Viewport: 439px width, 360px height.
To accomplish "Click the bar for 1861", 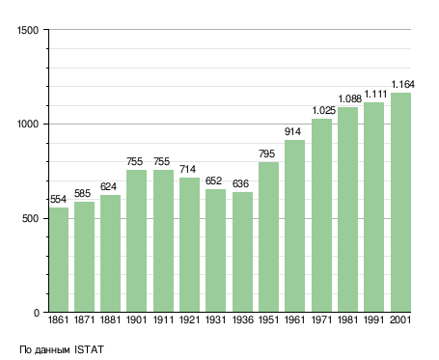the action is tap(59, 260).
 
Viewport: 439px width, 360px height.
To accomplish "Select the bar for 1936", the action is tap(242, 252).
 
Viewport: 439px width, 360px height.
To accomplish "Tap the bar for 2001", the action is tap(400, 203).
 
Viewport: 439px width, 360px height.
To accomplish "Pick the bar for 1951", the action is tap(268, 236).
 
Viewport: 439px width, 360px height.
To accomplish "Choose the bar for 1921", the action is tap(189, 244).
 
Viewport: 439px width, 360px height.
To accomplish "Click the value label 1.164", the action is tap(402, 84).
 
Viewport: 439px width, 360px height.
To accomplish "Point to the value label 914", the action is tap(292, 131).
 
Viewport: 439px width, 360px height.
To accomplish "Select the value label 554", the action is tap(58, 199).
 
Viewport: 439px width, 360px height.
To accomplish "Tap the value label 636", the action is tap(240, 183).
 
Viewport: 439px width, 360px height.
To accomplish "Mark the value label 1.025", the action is tap(324, 110).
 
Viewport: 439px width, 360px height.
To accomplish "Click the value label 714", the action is tap(187, 169).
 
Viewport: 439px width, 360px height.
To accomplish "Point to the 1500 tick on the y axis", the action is tap(28, 30).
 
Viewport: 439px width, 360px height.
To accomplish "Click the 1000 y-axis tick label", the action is tap(28, 124).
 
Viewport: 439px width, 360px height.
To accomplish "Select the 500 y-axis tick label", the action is tap(30, 218).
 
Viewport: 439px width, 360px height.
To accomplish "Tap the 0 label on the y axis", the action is tap(37, 313).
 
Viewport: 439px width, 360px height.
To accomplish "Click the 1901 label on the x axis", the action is tap(136, 319).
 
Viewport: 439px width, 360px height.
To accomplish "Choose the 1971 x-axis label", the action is tap(321, 319).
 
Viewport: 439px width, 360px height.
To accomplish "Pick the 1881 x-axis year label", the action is tap(110, 319).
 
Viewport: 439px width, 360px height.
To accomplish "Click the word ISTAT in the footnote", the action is tap(89, 349).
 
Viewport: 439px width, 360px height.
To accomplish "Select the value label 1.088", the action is tap(350, 98).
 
